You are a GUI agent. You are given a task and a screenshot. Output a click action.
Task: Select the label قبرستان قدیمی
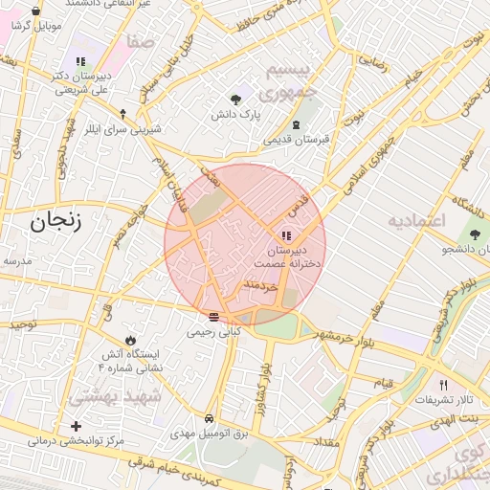(x=297, y=139)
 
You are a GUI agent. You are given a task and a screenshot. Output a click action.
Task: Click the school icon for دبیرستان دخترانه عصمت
(x=286, y=235)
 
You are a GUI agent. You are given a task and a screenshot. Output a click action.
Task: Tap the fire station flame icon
(x=130, y=340)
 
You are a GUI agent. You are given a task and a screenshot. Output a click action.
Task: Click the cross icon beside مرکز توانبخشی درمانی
(x=76, y=426)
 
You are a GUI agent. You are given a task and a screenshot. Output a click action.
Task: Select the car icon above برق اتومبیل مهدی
(x=209, y=419)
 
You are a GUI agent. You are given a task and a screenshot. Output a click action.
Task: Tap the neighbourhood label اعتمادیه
(x=417, y=221)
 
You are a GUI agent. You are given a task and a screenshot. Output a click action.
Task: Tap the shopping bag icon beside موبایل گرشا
(x=36, y=12)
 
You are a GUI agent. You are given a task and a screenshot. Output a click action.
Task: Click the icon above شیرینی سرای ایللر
(x=122, y=113)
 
